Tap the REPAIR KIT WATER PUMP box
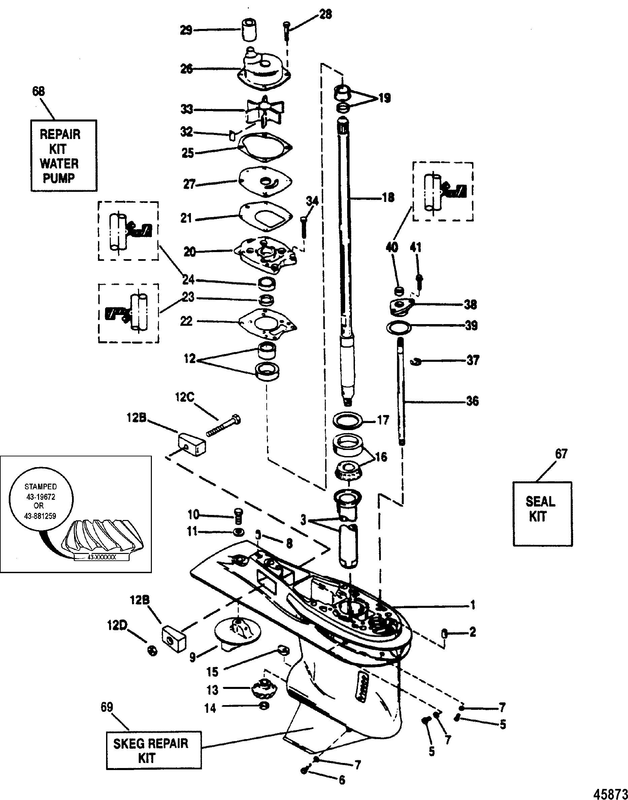(64, 155)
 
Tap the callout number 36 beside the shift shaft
(472, 401)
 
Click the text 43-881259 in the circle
(40, 516)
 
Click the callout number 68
(39, 92)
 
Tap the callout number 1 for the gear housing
(473, 604)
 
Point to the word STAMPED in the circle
(40, 487)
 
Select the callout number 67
(561, 454)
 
